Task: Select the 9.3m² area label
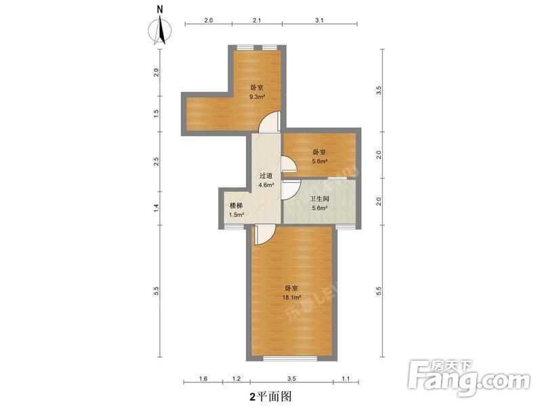click(x=257, y=97)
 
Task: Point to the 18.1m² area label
click(x=292, y=296)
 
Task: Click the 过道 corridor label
click(x=266, y=175)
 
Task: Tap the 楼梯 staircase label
click(x=236, y=206)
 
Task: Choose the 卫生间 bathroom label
click(x=319, y=199)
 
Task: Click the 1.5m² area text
click(x=236, y=215)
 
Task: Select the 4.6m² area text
click(x=266, y=185)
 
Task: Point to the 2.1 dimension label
click(x=257, y=21)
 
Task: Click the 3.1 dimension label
click(x=319, y=21)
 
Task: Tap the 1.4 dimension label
click(x=156, y=207)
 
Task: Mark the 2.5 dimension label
click(x=156, y=161)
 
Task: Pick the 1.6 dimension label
click(x=204, y=380)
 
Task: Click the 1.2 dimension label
click(x=236, y=380)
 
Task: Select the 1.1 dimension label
click(x=346, y=380)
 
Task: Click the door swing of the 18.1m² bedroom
click(x=264, y=235)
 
